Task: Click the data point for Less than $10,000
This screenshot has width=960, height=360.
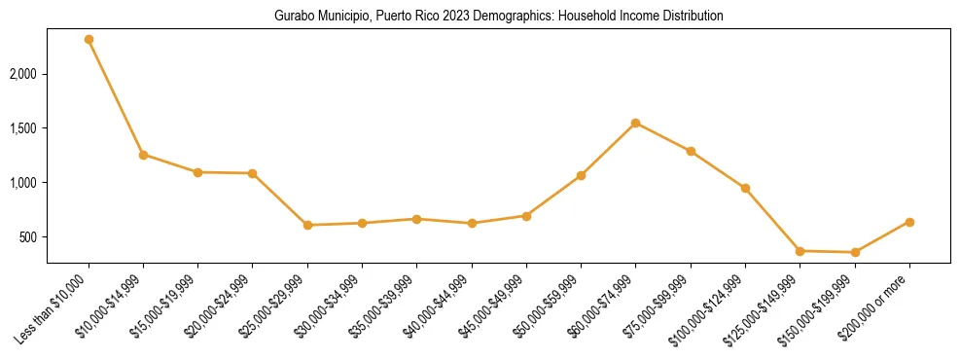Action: pyautogui.click(x=89, y=40)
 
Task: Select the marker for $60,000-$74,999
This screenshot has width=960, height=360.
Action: pyautogui.click(x=636, y=123)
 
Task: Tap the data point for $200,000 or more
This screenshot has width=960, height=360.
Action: pyautogui.click(x=909, y=222)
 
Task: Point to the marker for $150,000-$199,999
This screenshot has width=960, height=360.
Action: pyautogui.click(x=855, y=252)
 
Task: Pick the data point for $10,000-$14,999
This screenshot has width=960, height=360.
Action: pyautogui.click(x=143, y=155)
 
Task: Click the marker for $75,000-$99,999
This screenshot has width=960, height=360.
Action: pyautogui.click(x=691, y=151)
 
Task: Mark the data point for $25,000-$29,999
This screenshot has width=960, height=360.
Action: pyautogui.click(x=307, y=225)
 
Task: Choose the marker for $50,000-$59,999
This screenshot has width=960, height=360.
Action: pyautogui.click(x=581, y=175)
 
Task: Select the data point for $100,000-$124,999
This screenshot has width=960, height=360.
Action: pyautogui.click(x=745, y=188)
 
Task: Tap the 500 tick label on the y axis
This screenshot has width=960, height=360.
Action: pyautogui.click(x=29, y=237)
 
